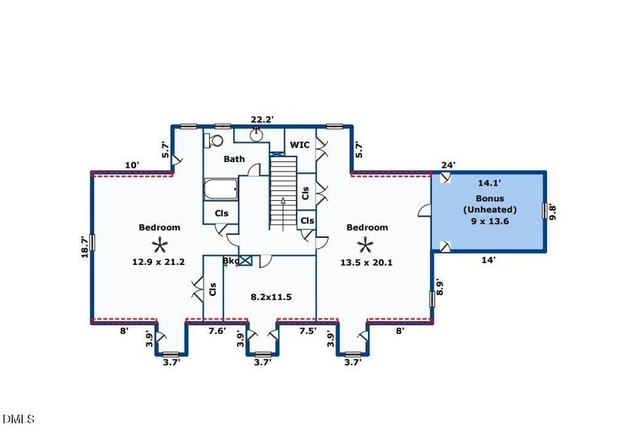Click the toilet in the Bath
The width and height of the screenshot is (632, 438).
coord(214,140)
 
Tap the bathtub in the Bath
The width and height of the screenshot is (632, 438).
coord(220,190)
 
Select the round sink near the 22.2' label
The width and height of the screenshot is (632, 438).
coord(257,135)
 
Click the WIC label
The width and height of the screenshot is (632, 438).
coord(300,144)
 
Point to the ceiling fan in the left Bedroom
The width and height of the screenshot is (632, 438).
coord(160,245)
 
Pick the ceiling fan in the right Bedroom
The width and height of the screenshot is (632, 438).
coord(365,245)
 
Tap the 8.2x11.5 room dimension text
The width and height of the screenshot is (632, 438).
coord(272,297)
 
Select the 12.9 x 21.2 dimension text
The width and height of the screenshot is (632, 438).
coord(159,262)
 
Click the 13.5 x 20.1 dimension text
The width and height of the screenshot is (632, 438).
coord(366,263)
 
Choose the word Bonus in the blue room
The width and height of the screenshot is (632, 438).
coord(490,199)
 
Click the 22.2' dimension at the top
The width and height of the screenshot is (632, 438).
coord(263,120)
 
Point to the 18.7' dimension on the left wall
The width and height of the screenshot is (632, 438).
coord(84,247)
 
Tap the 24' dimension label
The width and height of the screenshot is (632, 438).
coord(448,165)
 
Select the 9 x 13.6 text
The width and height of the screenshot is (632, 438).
coord(490,221)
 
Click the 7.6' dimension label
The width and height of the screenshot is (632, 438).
coord(217,330)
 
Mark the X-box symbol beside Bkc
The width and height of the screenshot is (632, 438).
coord(245,260)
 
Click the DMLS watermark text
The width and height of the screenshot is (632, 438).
coord(18,419)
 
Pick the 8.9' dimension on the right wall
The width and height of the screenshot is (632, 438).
coord(439,288)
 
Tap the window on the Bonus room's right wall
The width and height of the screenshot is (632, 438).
coord(545,211)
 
